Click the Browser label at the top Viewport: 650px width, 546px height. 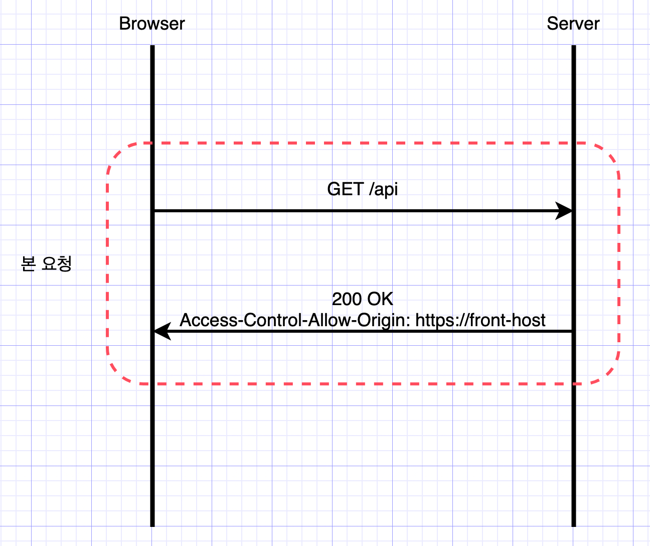[x=152, y=24]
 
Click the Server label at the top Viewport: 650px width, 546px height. [x=573, y=24]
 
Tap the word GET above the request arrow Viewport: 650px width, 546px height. [x=345, y=189]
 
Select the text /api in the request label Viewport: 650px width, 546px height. [x=384, y=190]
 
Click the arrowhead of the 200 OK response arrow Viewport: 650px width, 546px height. [x=161, y=331]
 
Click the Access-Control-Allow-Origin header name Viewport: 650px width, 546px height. [x=295, y=320]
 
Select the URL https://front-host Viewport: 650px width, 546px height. [x=480, y=320]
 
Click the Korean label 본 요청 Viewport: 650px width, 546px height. [x=47, y=263]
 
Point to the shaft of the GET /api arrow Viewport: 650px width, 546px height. [x=351, y=211]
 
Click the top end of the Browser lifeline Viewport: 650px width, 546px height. [x=152, y=47]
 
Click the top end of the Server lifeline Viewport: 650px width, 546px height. [x=574, y=47]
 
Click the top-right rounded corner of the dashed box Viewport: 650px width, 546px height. [x=610, y=153]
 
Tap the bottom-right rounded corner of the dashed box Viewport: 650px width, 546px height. [x=610, y=374]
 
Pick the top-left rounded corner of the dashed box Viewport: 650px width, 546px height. [x=117, y=153]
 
